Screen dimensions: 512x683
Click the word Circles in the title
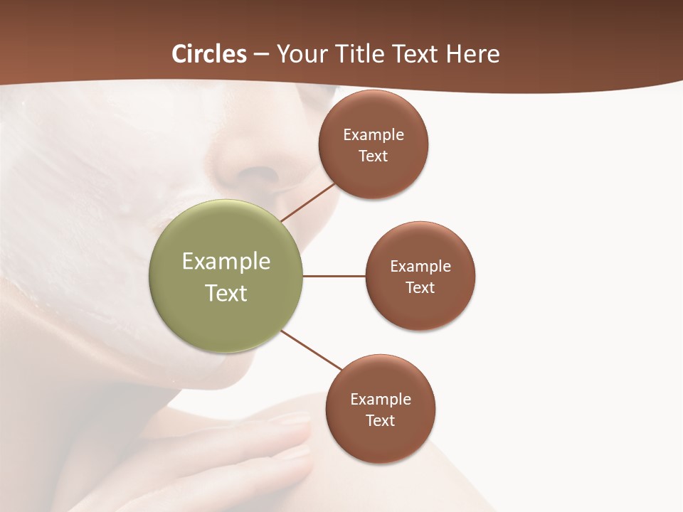pyautogui.click(x=209, y=54)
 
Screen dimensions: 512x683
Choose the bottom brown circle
pyautogui.click(x=381, y=441)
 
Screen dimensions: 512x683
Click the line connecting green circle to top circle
pyautogui.click(x=308, y=202)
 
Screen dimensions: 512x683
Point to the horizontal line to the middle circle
pyautogui.click(x=334, y=276)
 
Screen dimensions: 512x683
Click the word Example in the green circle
pyautogui.click(x=226, y=262)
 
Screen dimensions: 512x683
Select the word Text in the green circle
pyautogui.click(x=226, y=293)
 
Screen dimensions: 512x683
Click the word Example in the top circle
pyautogui.click(x=374, y=134)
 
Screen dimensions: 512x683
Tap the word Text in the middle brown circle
pyautogui.click(x=420, y=287)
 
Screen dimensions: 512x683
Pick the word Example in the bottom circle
pyautogui.click(x=381, y=399)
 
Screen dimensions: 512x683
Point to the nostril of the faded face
pyautogui.click(x=260, y=175)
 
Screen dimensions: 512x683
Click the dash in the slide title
pyautogui.click(x=261, y=55)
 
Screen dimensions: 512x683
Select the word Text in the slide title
pyautogui.click(x=416, y=54)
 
